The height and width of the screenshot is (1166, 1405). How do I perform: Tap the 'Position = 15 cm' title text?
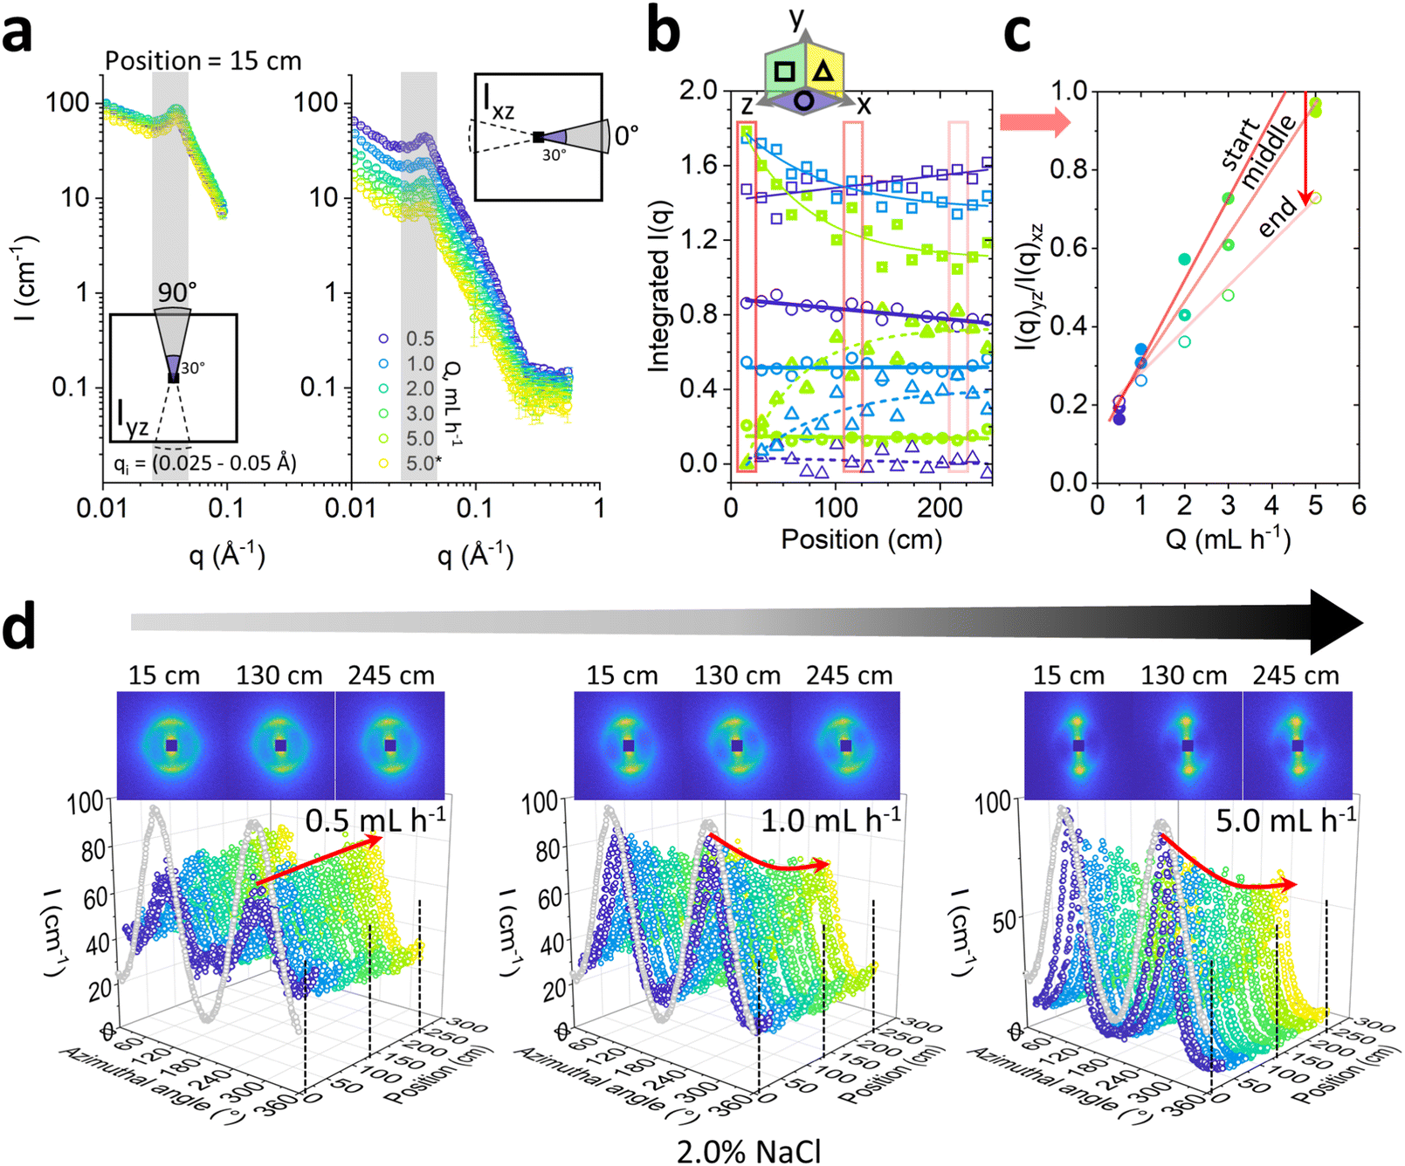203,60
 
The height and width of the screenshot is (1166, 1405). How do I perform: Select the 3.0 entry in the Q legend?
420,413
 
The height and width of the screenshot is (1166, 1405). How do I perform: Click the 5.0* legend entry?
424,463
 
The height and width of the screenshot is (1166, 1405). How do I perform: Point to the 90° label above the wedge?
177,291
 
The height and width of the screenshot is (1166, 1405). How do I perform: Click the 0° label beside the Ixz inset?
626,135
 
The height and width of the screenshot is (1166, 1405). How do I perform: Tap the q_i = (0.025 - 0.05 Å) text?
205,463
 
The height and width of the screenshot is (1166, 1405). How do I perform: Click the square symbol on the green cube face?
784,72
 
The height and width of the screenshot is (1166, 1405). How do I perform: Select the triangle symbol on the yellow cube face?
823,72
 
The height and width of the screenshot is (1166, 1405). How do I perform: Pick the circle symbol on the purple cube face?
804,100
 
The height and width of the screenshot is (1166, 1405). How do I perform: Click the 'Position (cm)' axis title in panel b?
862,539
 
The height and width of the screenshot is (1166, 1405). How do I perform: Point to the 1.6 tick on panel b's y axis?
699,164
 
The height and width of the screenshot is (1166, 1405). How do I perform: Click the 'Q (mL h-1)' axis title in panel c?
1228,538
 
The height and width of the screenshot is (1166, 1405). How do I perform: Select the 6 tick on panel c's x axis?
1358,505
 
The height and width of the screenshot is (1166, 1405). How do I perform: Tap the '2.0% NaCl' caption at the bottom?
749,1151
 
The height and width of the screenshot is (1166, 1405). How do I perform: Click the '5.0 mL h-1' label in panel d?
1286,820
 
